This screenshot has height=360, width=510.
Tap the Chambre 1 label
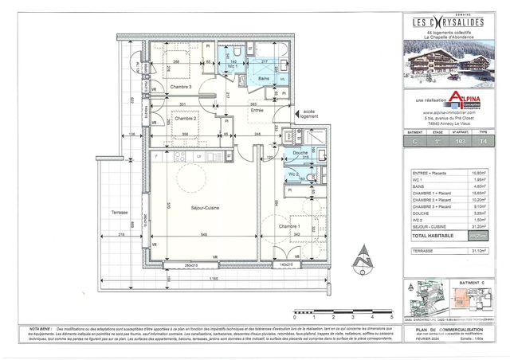coord(288,227)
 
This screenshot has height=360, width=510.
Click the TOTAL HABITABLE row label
coord(432,237)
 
